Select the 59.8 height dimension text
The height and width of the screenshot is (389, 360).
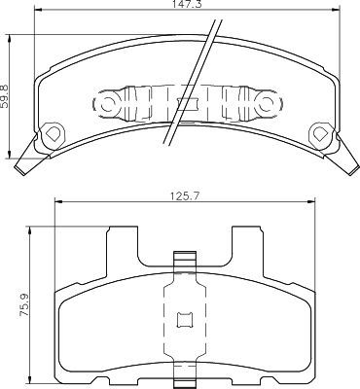[x=6, y=96]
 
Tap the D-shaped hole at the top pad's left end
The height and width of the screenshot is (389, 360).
[x=52, y=133]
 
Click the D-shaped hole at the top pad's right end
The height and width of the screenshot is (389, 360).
[x=322, y=133]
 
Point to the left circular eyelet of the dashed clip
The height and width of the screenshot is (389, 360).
[x=107, y=104]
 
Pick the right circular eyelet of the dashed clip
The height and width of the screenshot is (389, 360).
[x=267, y=104]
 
